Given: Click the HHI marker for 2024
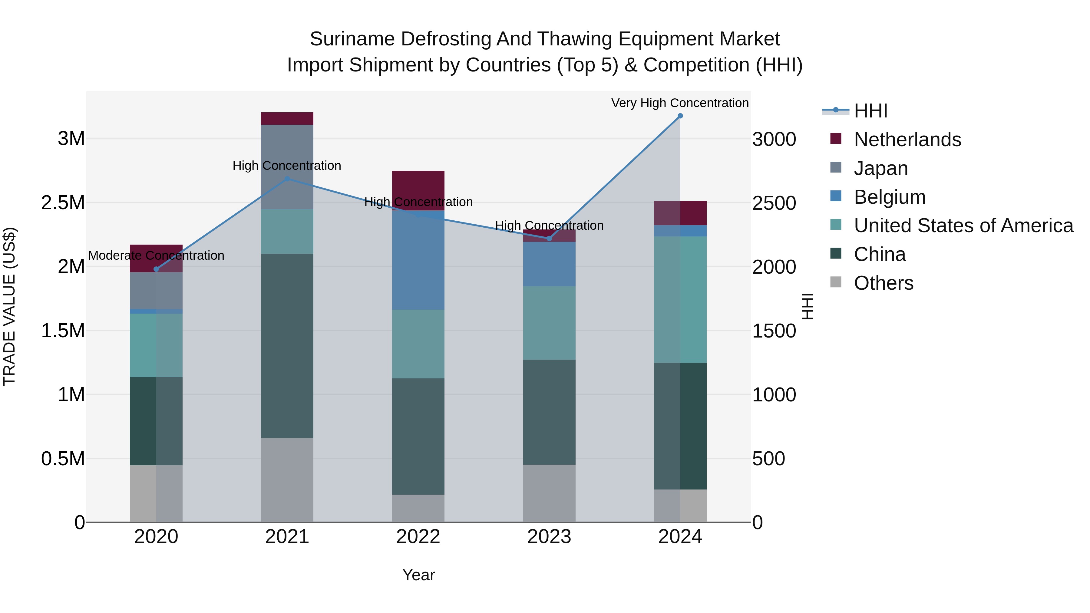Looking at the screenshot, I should click(680, 116).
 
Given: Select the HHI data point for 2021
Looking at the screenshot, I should click(287, 179).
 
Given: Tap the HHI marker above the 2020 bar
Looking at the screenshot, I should click(156, 269).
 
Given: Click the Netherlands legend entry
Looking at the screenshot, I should click(907, 140).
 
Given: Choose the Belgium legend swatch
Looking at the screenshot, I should click(836, 196).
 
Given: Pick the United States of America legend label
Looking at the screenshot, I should click(963, 226).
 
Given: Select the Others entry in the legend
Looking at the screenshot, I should click(883, 283).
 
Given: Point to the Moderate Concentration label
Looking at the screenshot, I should click(156, 255).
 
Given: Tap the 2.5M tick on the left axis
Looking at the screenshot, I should click(63, 203).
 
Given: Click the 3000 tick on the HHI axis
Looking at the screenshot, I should click(774, 139).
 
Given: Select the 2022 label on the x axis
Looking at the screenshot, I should click(418, 537).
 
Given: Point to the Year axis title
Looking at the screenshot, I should click(418, 575).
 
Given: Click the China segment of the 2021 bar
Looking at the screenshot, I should click(287, 346).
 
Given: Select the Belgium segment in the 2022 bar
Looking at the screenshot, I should click(418, 260).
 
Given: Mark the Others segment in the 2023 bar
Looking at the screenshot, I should click(549, 493).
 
